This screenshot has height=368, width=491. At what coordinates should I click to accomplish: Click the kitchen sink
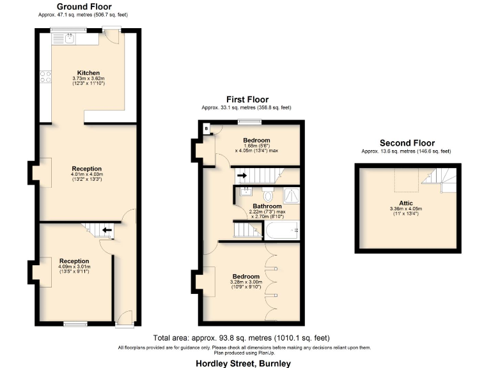(x=69, y=38)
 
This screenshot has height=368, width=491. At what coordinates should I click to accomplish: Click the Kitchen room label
(x=88, y=72)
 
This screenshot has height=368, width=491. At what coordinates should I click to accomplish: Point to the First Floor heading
(x=246, y=99)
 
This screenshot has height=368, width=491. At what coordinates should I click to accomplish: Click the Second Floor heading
(x=407, y=143)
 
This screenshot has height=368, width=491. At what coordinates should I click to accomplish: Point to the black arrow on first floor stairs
(x=242, y=174)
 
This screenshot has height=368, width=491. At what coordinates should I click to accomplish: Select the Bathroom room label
(x=267, y=206)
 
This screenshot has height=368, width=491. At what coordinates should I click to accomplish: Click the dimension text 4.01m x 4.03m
(x=88, y=174)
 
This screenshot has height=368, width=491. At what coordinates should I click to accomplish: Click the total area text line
(x=241, y=338)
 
